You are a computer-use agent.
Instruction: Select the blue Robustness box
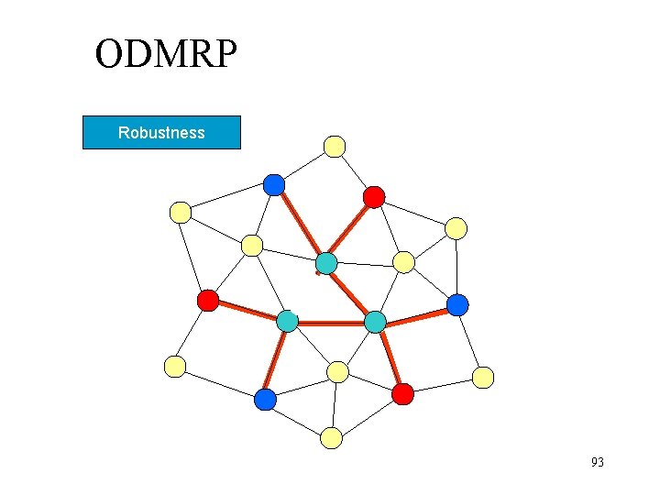161,133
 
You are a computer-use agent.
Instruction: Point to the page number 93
598,462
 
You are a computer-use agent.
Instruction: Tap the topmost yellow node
335,146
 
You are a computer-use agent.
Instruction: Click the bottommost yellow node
332,438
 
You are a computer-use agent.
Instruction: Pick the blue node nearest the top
274,185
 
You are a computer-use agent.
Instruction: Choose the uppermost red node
374,196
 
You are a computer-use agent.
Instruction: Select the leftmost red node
208,300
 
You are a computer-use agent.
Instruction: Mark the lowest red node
402,394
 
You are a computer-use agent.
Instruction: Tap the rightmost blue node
457,304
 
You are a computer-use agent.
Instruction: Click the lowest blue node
265,400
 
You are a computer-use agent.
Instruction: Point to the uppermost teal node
326,264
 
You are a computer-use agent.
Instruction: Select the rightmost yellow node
483,377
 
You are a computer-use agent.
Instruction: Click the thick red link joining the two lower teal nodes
332,323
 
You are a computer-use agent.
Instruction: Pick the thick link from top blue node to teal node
300,225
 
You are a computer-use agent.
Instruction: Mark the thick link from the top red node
350,230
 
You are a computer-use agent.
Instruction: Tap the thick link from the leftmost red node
247,311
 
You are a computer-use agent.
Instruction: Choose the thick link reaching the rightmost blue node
417,313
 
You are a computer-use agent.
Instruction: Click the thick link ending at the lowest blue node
276,360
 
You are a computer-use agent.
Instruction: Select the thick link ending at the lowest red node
390,358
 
